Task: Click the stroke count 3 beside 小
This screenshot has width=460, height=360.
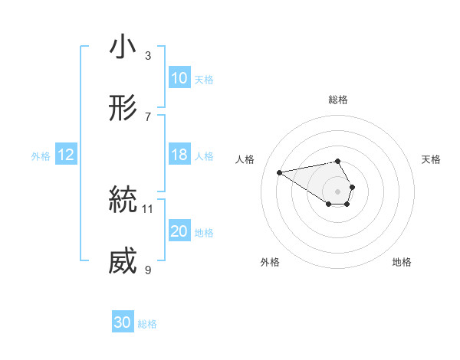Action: point(148,55)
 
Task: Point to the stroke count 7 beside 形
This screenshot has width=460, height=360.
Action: point(148,116)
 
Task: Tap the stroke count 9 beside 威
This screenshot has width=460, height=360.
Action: point(148,270)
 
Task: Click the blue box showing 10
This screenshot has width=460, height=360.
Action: point(179,78)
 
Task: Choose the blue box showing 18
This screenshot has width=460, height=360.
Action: point(179,155)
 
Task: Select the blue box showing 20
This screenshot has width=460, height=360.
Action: point(179,231)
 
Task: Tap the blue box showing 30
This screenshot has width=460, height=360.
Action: point(123,322)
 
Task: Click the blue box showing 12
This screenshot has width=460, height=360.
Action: point(66,155)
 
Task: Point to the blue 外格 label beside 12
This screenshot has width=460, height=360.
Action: point(41,155)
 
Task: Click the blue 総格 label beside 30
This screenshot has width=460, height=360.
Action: point(148,324)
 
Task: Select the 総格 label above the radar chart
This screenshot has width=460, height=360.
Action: point(338,100)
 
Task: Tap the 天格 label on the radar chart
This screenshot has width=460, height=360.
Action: point(432,159)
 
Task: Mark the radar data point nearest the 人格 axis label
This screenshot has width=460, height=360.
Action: point(280,172)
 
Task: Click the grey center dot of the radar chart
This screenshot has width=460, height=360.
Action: point(338,191)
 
